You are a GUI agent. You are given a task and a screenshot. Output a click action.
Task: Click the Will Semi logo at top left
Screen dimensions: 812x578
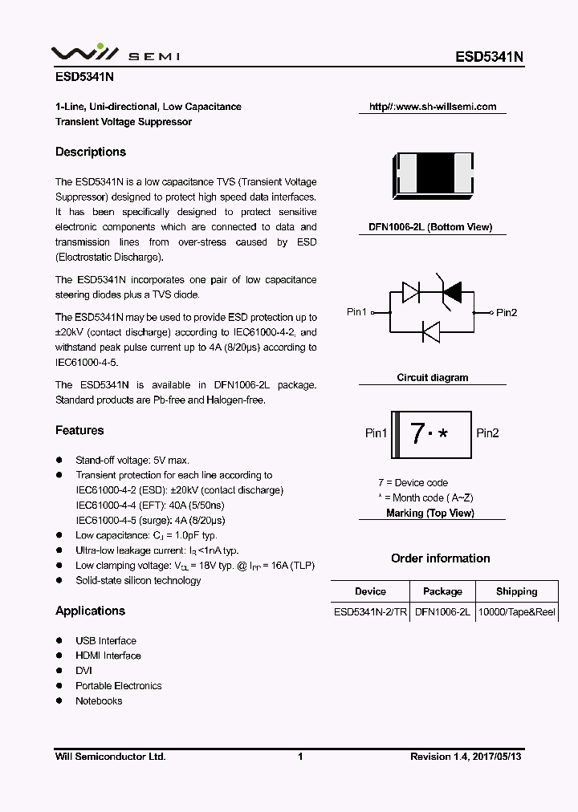[x=116, y=54]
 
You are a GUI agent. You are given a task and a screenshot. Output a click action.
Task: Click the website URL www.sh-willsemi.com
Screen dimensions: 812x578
[x=433, y=107]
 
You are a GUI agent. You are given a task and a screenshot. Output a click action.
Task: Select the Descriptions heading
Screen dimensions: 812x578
[x=91, y=152]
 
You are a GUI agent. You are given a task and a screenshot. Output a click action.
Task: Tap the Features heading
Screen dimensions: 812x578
[x=79, y=431]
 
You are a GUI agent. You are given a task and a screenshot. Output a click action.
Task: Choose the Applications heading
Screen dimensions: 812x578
[x=90, y=611]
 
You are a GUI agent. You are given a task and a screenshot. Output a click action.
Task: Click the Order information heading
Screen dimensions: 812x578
[x=440, y=558]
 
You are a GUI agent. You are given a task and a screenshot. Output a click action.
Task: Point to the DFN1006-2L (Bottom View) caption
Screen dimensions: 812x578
[x=430, y=228]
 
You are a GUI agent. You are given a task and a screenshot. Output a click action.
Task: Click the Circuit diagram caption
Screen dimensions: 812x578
[x=433, y=378]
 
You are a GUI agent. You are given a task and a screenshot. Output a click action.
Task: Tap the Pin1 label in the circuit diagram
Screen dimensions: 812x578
[x=356, y=312]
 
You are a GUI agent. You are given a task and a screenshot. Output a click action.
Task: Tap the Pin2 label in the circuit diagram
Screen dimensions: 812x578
[x=507, y=312]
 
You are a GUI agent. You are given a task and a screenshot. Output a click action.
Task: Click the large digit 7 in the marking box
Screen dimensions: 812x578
[x=417, y=433]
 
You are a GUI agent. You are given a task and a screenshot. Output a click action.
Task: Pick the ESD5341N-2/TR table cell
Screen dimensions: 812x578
[x=370, y=612]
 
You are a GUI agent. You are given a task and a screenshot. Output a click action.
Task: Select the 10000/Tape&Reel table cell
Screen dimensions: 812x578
[x=516, y=612]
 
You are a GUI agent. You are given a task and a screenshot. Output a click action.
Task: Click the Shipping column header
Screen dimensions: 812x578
[x=516, y=592]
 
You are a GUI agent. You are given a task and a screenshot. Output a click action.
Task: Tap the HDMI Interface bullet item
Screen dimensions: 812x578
[x=108, y=656]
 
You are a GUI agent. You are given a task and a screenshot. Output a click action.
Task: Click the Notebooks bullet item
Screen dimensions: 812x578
[x=99, y=701]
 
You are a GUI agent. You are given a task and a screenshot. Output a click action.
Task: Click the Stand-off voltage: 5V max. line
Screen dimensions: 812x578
[x=132, y=461]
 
